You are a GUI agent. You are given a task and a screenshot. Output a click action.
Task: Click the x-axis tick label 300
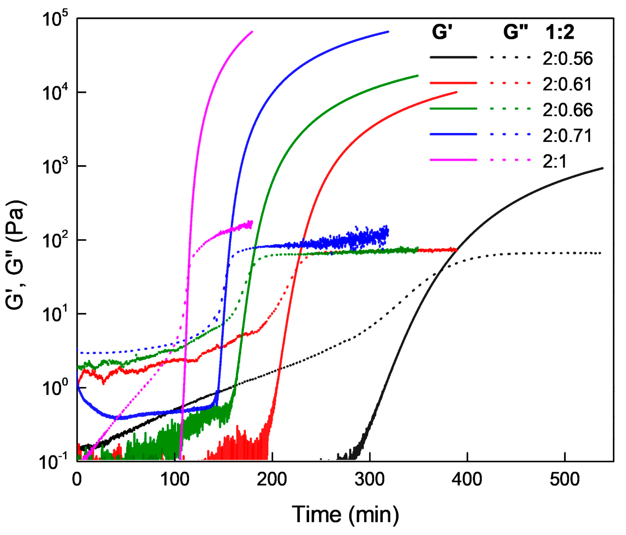[369, 479]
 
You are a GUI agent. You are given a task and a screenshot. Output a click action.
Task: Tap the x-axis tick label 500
[564, 479]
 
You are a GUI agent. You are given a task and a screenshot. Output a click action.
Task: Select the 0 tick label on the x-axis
[77, 479]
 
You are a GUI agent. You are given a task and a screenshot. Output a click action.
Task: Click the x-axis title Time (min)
[345, 514]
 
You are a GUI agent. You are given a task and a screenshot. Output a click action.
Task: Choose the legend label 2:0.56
[567, 59]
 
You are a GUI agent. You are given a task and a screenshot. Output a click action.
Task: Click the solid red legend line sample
[453, 83]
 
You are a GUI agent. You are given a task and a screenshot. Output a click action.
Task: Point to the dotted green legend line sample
[510, 108]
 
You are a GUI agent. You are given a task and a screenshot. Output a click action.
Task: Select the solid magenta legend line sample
[453, 160]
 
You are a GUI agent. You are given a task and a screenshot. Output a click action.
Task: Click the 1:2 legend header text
[560, 32]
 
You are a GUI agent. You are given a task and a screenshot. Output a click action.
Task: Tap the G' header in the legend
[442, 32]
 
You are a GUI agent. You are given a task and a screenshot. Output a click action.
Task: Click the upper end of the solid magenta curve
[252, 31]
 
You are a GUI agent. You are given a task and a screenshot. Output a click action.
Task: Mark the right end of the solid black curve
[602, 168]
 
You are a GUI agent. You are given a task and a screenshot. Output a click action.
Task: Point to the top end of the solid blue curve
[388, 32]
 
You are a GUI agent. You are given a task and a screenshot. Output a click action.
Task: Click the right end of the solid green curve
[417, 75]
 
